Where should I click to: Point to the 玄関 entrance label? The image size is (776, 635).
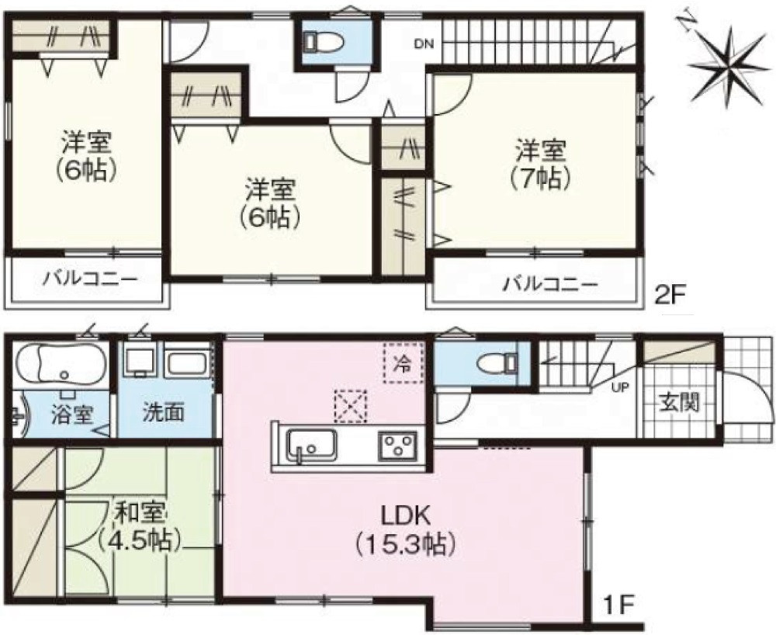coord(681,402)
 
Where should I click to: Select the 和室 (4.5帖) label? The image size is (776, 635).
coord(140,525)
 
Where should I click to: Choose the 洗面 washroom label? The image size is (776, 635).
coord(163,413)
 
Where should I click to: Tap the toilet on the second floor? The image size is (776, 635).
coord(320,41)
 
